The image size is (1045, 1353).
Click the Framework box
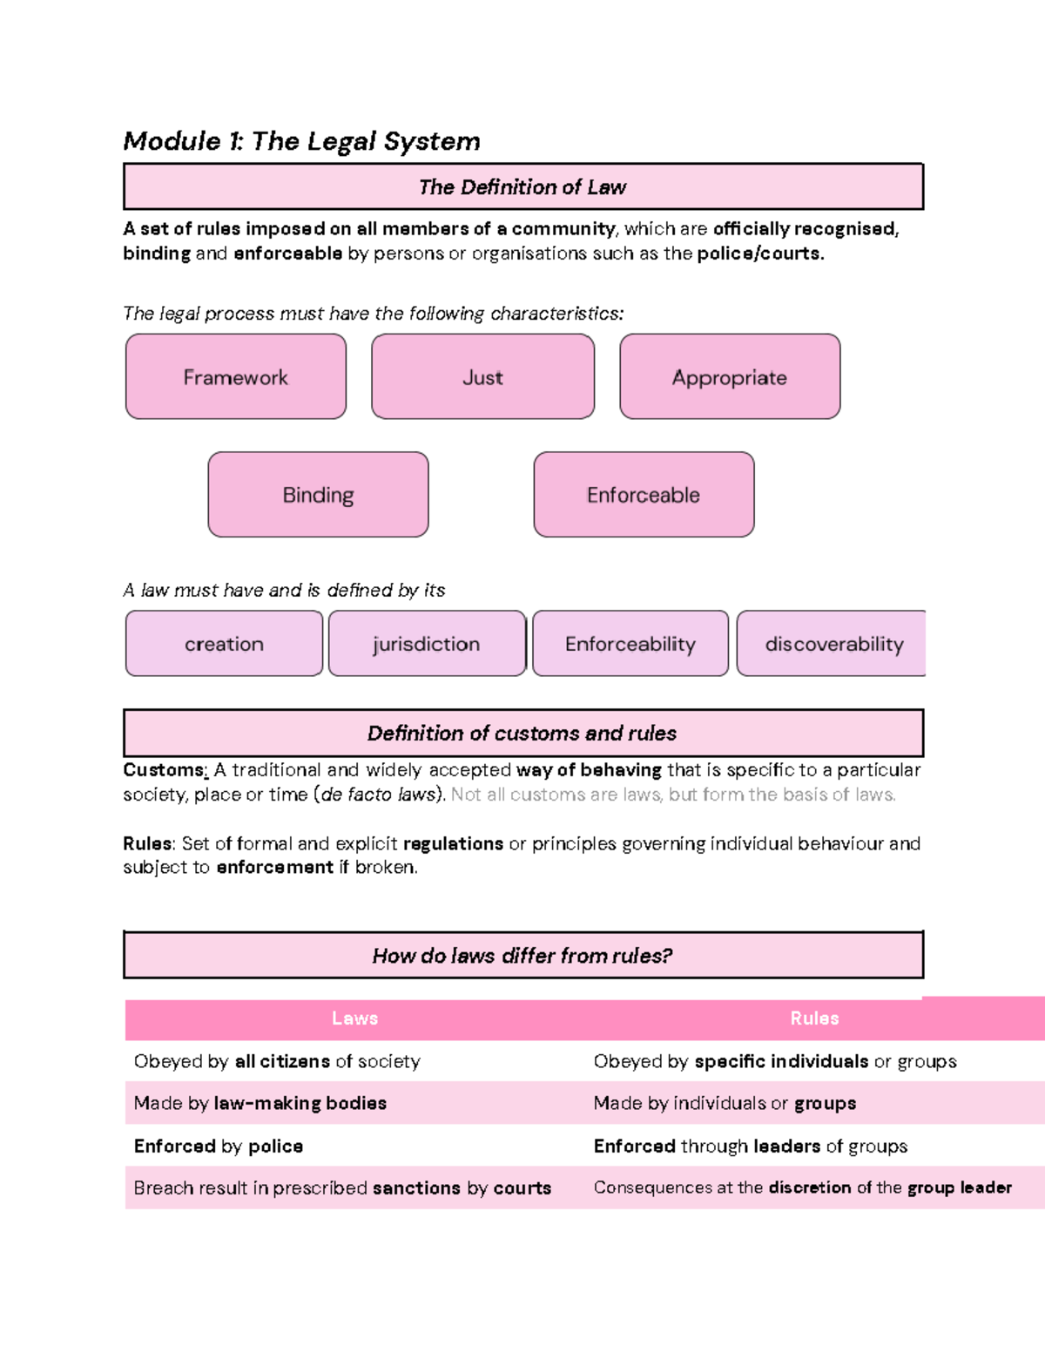(x=236, y=377)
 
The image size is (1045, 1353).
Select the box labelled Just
(x=482, y=377)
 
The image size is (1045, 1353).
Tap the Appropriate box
(x=730, y=377)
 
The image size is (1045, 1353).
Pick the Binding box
(x=318, y=495)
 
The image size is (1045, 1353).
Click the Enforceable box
(x=644, y=495)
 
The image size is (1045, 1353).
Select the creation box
(x=224, y=644)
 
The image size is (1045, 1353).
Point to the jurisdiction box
(x=427, y=644)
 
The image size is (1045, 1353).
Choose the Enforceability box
(x=630, y=644)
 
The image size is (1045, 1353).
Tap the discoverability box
(x=833, y=644)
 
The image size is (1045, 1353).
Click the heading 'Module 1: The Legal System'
(x=301, y=141)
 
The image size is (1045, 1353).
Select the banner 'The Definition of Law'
(x=522, y=186)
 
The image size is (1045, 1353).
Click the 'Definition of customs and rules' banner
(x=522, y=733)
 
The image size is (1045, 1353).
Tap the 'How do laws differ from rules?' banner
(x=522, y=956)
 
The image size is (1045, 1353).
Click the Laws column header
(x=354, y=1018)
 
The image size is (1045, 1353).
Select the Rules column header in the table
(x=814, y=1018)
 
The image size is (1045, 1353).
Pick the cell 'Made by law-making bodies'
(x=260, y=1103)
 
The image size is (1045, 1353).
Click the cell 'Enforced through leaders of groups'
(x=750, y=1146)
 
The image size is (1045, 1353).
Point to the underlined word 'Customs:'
(x=165, y=770)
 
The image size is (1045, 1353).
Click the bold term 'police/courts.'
(x=760, y=254)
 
